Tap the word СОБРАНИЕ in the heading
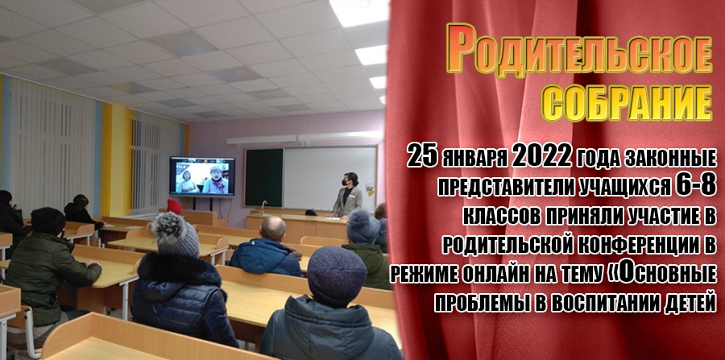(x=627, y=103)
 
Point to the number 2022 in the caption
(x=542, y=158)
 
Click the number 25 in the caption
(x=423, y=158)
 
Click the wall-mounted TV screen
(x=202, y=176)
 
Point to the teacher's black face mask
(x=345, y=183)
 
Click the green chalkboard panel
(x=263, y=177)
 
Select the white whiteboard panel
(x=329, y=178)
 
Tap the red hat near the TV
(x=174, y=206)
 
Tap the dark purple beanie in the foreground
(x=336, y=276)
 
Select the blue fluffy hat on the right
(x=363, y=226)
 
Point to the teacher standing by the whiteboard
(x=347, y=195)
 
